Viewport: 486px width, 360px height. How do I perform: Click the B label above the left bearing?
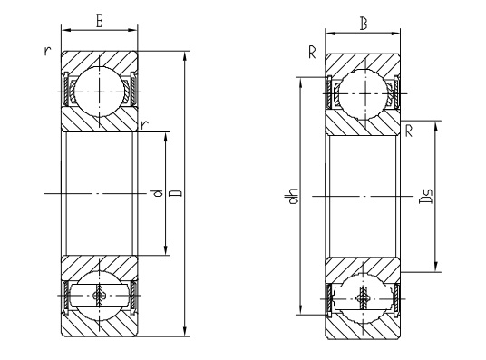(x=98, y=21)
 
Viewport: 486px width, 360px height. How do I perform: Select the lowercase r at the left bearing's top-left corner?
(x=46, y=50)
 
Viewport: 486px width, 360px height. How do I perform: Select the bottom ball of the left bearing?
(x=98, y=296)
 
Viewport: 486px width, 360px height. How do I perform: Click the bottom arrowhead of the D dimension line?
(x=186, y=333)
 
